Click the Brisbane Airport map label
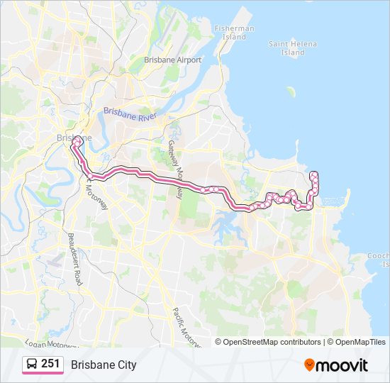coord(172,60)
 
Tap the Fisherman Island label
coord(234,33)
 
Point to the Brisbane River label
coord(129,113)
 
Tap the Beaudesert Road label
coord(76,258)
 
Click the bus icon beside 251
coord(33,365)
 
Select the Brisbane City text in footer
coord(104,365)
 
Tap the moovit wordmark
coord(342,365)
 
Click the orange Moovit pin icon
coord(309,365)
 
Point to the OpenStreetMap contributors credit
coord(272,342)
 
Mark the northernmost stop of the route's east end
coord(313,174)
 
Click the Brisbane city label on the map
coord(73,137)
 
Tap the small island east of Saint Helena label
coord(290,91)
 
